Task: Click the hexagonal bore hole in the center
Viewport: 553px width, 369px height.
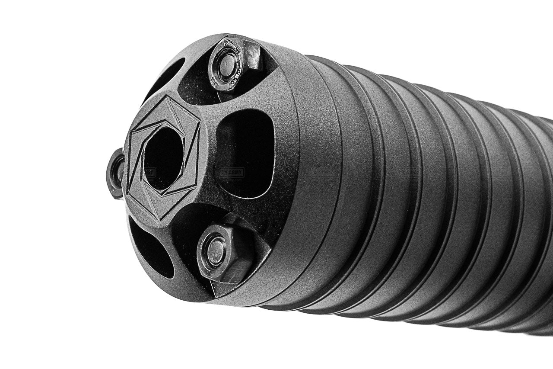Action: pyautogui.click(x=163, y=158)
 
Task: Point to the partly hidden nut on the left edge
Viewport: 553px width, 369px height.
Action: pyautogui.click(x=115, y=173)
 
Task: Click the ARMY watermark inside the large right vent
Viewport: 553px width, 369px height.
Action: pyautogui.click(x=232, y=173)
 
